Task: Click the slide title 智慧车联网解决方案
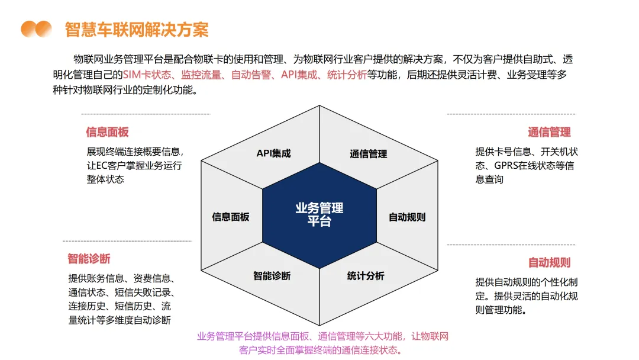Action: (137, 29)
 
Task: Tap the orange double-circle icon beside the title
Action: (36, 29)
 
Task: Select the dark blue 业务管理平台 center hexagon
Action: (319, 214)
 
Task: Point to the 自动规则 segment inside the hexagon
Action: (406, 217)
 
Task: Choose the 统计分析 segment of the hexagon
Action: (365, 276)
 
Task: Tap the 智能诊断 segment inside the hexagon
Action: (272, 276)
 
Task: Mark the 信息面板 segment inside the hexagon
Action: (231, 217)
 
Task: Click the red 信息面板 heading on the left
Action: (107, 132)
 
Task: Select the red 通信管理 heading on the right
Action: (549, 132)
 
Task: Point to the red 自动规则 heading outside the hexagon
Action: (549, 262)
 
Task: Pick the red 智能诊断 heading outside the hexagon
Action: (89, 259)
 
